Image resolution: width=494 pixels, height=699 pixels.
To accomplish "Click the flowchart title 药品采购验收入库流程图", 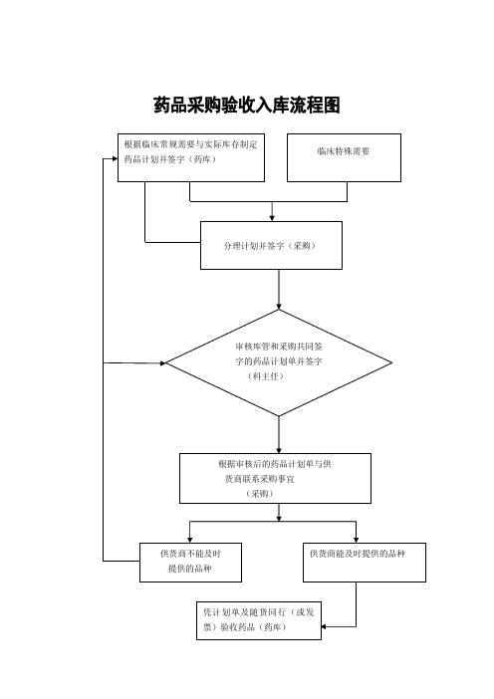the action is (x=247, y=106).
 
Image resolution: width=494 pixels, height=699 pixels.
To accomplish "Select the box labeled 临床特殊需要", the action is (x=344, y=157).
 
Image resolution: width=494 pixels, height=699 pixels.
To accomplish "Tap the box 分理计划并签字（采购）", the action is (x=271, y=245).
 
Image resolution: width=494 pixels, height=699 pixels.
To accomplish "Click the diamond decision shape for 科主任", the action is (x=279, y=362).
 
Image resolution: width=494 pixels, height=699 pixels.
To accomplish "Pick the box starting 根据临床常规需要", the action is (x=191, y=157).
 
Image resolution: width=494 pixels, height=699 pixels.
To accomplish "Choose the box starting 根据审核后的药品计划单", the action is (x=275, y=478).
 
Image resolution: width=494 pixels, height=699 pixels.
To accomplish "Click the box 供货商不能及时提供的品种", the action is (x=190, y=563).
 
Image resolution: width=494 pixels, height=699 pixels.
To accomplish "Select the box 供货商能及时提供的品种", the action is (x=365, y=563).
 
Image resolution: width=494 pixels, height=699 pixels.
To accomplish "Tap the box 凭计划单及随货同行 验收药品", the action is (x=259, y=620).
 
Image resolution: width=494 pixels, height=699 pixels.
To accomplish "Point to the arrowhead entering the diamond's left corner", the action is (x=162, y=363).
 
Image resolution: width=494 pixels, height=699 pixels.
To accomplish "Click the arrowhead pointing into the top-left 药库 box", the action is (x=115, y=158).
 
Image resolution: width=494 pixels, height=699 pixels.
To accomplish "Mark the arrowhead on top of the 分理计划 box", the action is (x=272, y=218).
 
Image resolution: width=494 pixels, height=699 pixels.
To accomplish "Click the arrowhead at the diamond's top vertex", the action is (x=279, y=307).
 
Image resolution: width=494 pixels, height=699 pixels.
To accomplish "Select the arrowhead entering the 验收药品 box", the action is (x=324, y=626).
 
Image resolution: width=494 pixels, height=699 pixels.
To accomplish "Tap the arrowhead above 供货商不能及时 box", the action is (x=190, y=540).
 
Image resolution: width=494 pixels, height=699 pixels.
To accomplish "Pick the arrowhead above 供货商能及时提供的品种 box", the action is (x=356, y=540).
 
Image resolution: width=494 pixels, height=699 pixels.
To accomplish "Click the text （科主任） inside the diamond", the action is (x=265, y=376).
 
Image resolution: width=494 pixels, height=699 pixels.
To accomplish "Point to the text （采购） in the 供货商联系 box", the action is (x=259, y=494).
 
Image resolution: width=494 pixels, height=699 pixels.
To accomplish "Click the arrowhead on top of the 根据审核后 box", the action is (x=279, y=451).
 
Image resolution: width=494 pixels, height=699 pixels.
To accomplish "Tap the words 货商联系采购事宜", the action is (x=260, y=479).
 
